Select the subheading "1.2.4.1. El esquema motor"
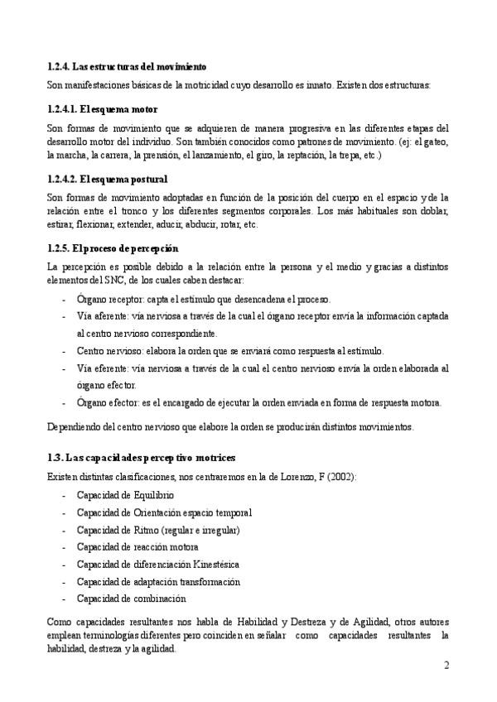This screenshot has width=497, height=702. (102, 109)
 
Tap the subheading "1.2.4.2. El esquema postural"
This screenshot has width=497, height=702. (108, 178)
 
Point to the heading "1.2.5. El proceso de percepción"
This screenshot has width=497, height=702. (113, 248)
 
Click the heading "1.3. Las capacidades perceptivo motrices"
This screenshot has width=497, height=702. (142, 457)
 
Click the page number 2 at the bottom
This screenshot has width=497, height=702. (446, 666)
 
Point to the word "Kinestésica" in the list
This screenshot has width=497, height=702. (222, 564)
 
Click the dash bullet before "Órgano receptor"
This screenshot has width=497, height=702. (65, 300)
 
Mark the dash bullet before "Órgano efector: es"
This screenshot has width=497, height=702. (65, 403)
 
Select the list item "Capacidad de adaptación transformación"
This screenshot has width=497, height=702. (158, 581)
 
